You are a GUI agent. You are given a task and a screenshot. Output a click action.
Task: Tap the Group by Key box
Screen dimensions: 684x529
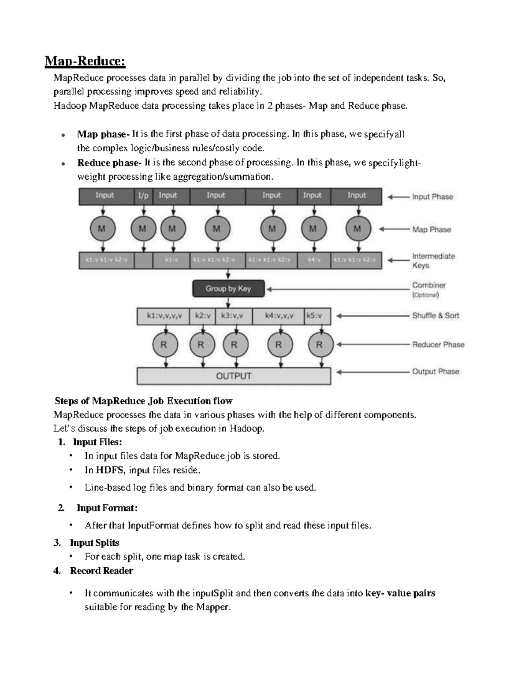click(228, 289)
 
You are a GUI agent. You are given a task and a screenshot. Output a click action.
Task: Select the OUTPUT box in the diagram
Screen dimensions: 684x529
click(234, 376)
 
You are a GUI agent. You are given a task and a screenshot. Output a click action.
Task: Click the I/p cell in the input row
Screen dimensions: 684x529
click(143, 196)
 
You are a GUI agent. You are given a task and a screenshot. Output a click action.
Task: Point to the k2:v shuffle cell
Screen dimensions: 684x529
click(202, 316)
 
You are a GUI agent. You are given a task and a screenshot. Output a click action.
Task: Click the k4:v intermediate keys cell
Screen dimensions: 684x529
click(314, 260)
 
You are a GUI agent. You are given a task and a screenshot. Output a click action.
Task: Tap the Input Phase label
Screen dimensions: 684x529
click(432, 197)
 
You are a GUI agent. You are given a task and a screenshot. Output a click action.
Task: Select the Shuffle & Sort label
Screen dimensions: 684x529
click(436, 315)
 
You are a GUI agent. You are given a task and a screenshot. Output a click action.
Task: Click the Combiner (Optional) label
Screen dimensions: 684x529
click(428, 290)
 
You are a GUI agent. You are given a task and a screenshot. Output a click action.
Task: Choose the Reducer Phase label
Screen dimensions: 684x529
click(438, 344)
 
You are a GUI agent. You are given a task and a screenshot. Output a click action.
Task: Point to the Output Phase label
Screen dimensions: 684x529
click(436, 371)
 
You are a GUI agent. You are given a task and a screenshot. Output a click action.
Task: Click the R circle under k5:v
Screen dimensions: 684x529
click(319, 345)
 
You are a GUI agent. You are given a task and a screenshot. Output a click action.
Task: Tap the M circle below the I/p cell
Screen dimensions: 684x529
click(143, 229)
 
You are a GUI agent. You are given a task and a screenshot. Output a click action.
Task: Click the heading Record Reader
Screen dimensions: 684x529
click(101, 571)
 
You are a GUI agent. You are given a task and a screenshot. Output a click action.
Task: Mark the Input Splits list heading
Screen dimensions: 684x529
click(94, 543)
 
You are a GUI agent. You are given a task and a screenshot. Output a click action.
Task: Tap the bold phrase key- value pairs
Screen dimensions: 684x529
click(400, 593)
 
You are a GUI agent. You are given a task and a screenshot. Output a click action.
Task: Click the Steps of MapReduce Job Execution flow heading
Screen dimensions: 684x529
click(143, 401)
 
